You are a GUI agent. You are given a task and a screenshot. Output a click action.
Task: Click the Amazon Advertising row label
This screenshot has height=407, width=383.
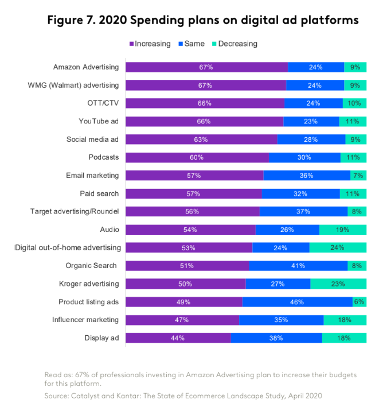(x=86, y=67)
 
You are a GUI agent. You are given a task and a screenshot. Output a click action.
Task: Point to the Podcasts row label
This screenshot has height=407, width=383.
(x=104, y=157)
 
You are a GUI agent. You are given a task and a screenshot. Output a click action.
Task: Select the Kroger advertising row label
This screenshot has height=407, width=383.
(x=89, y=284)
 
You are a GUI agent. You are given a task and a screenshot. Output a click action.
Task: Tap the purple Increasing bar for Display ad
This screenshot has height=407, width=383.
(x=178, y=338)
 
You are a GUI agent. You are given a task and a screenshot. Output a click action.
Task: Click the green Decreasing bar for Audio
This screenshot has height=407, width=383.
(x=342, y=230)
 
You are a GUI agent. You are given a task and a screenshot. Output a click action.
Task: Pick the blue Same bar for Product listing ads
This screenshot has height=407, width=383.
(x=297, y=302)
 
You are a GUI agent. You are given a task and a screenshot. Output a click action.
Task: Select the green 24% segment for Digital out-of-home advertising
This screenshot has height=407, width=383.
(x=338, y=248)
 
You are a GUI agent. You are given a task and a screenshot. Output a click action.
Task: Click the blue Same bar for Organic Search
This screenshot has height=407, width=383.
(x=298, y=266)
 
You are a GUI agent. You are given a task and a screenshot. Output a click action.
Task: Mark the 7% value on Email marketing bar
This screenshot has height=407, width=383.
(x=358, y=176)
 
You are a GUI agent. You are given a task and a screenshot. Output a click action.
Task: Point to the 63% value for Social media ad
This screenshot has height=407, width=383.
(x=201, y=139)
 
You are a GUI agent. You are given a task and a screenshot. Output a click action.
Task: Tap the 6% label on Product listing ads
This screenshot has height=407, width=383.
(x=359, y=302)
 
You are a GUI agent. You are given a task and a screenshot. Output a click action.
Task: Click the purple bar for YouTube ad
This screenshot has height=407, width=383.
(x=204, y=121)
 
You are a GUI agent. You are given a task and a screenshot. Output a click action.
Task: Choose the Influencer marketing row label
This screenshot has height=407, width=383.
(x=86, y=320)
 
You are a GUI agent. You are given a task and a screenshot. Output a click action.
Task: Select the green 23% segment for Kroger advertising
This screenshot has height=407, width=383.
(x=338, y=284)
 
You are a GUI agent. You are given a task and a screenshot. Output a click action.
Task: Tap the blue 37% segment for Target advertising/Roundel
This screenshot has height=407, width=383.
(x=303, y=212)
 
